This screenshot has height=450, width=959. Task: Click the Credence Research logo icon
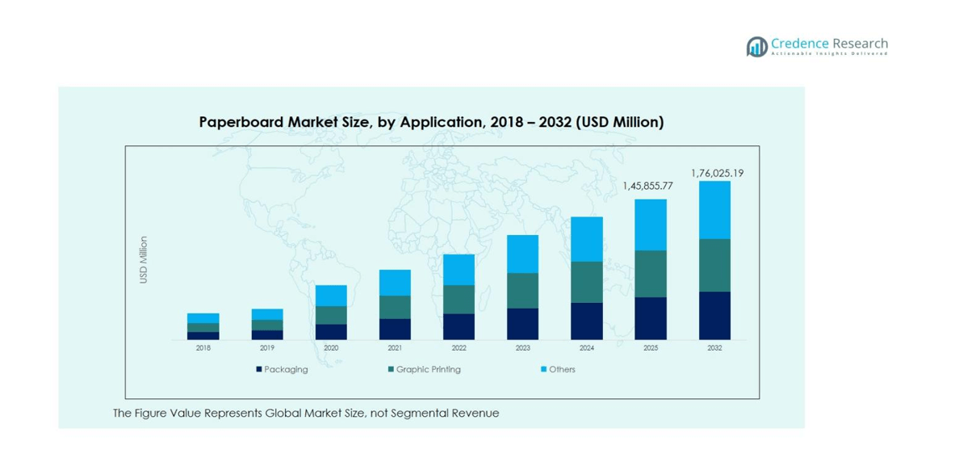click(756, 47)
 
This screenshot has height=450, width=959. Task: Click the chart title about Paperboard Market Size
click(431, 122)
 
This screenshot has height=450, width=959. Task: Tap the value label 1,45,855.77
click(647, 187)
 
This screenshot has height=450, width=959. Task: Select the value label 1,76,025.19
click(717, 173)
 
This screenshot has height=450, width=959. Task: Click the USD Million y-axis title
click(144, 259)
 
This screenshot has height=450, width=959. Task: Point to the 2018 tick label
click(203, 348)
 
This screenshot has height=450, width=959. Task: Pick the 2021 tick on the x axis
click(395, 348)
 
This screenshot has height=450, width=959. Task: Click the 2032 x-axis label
click(714, 348)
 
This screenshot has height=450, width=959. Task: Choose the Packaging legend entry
click(282, 369)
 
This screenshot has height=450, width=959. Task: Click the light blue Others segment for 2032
click(714, 210)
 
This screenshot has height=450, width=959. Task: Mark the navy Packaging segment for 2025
click(651, 318)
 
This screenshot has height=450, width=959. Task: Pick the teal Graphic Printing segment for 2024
click(587, 282)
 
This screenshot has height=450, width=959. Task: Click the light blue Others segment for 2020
click(331, 296)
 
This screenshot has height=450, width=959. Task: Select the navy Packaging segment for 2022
click(459, 326)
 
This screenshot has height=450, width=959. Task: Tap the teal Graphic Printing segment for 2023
click(522, 290)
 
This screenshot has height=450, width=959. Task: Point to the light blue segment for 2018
click(203, 318)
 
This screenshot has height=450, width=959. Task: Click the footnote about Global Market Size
click(306, 413)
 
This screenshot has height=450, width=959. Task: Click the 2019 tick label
click(267, 348)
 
